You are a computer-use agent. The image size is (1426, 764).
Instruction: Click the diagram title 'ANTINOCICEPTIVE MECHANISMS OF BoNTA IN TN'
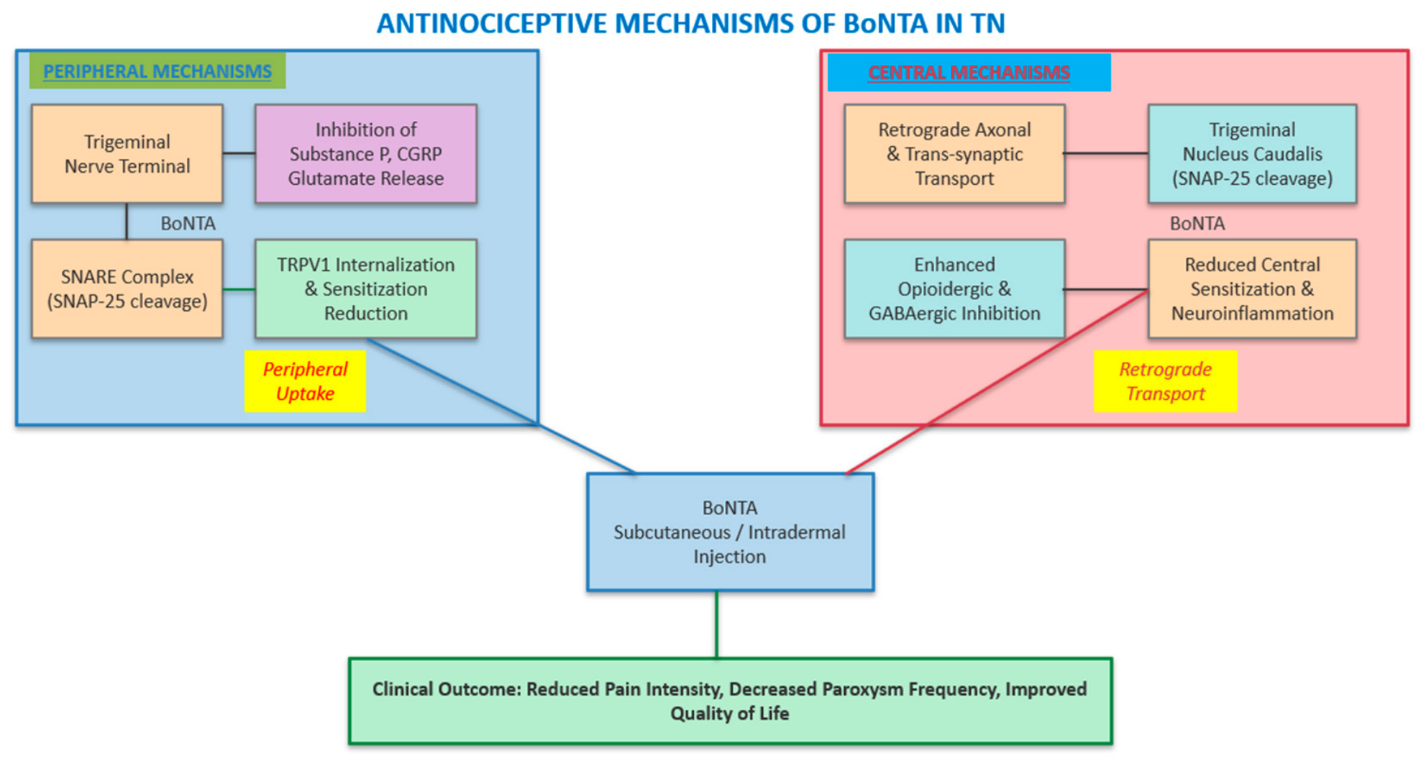690,24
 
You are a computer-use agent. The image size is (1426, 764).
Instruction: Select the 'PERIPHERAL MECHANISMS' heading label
157,71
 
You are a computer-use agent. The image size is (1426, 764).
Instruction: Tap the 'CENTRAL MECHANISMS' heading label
969,73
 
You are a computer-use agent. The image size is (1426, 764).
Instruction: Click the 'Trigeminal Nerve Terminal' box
127,154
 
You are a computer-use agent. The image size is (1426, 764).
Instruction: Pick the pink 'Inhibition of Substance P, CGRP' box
366,154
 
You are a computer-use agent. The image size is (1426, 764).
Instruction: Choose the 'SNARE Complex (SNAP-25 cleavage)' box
127,288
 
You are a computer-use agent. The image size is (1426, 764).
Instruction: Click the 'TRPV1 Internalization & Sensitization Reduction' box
366,288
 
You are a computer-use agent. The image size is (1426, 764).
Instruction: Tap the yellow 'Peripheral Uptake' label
305,381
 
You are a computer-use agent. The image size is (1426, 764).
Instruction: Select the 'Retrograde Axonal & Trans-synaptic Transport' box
954,154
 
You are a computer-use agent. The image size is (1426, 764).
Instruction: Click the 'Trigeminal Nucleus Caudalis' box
1252,154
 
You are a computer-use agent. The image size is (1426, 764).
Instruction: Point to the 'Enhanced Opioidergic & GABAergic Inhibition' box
954,288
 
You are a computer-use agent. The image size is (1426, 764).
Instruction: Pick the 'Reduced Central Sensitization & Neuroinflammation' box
1252,288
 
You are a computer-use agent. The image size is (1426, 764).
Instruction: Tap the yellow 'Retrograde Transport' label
1165,381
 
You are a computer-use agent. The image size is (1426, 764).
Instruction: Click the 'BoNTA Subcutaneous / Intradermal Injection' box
730,532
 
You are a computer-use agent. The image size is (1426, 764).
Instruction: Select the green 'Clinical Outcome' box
730,701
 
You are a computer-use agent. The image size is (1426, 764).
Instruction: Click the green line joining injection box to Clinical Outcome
716,624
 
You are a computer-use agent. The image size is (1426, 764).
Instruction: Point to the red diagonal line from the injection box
997,382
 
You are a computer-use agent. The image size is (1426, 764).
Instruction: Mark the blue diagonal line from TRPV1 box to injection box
502,406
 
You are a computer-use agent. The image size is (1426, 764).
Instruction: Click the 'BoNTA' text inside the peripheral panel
188,224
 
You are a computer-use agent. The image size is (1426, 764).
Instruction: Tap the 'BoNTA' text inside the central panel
1197,224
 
